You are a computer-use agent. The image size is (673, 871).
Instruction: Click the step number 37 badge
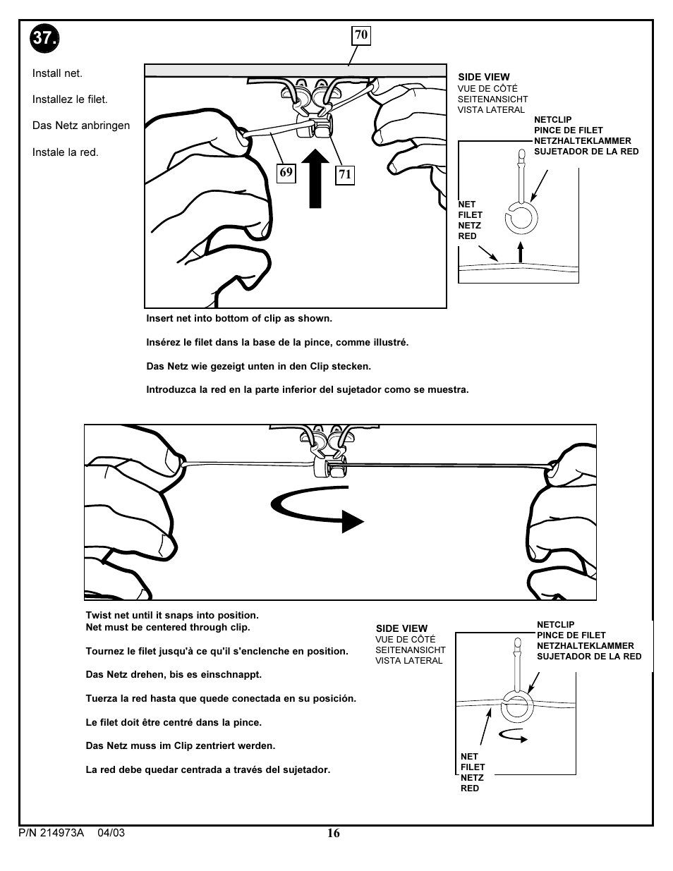[45, 38]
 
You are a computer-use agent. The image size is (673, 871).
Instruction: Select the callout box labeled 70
[361, 35]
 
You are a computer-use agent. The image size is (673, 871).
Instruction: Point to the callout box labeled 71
[344, 175]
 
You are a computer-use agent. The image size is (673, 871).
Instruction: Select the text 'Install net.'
[57, 73]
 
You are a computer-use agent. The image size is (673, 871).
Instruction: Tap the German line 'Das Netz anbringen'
[81, 126]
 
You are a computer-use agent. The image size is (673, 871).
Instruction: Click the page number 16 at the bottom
[333, 833]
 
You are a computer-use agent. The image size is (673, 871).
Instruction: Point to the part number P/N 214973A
[51, 833]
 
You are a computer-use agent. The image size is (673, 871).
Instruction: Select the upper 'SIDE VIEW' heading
[484, 77]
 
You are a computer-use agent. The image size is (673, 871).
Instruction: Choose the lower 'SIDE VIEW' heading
[401, 628]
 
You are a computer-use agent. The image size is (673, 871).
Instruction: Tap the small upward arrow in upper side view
[521, 252]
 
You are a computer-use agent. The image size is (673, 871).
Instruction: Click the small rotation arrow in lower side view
[513, 735]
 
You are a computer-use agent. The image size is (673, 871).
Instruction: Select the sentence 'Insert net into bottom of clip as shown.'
[239, 318]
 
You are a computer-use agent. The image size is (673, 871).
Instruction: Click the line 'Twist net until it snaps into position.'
[172, 615]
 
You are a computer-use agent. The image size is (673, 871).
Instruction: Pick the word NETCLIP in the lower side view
[555, 624]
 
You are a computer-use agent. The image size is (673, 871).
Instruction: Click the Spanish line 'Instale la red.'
[66, 152]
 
